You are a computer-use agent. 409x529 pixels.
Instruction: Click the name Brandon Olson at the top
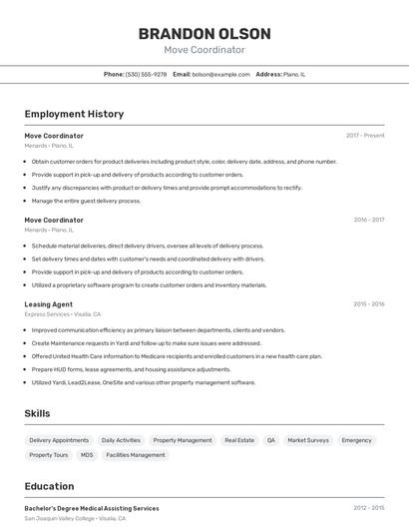204,33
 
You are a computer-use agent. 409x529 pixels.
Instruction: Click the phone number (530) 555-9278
146,74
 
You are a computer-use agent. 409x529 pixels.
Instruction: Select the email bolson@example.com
220,74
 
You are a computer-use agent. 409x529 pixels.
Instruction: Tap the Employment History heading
74,114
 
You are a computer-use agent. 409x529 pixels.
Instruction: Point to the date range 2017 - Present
365,135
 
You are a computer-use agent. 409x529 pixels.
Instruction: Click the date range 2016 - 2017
368,220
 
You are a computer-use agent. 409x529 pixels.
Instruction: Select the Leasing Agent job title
48,303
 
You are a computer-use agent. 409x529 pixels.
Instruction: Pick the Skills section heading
37,413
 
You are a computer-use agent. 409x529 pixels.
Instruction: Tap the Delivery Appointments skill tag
59,440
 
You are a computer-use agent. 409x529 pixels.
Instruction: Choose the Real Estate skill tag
239,440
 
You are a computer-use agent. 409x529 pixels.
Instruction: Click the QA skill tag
270,440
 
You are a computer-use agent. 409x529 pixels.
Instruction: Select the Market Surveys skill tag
308,440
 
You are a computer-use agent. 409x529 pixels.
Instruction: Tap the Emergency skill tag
356,440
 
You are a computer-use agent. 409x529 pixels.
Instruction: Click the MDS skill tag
87,455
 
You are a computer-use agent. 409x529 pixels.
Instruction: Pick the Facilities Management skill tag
136,455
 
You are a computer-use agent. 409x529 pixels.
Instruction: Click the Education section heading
49,486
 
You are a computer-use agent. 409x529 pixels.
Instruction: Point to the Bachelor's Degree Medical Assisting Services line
91,508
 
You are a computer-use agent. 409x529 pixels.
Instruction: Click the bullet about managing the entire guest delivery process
86,201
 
